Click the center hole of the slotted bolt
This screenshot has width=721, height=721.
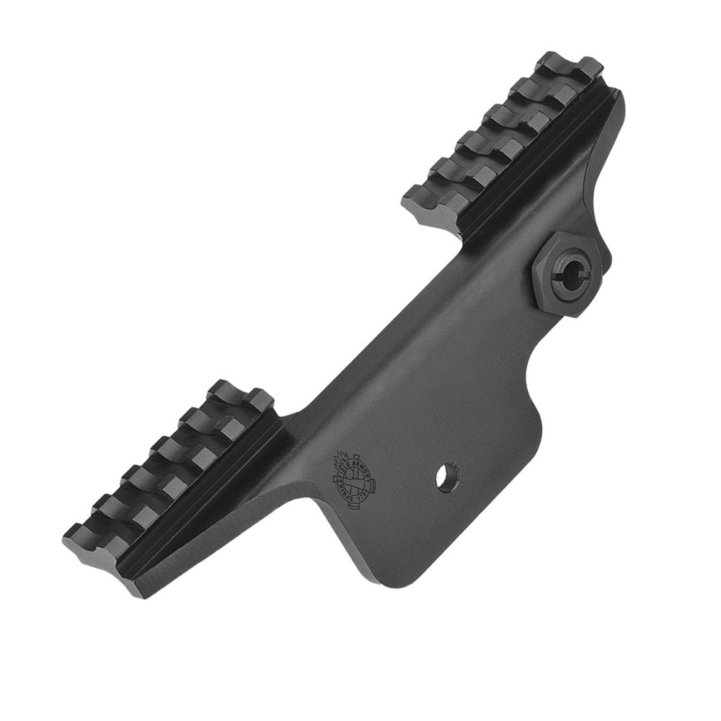pos(570,273)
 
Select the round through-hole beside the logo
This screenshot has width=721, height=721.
pos(447,477)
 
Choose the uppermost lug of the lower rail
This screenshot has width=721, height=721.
pos(238,397)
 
